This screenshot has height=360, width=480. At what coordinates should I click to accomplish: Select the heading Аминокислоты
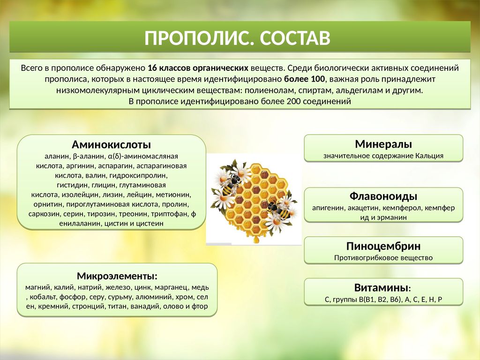point(111,144)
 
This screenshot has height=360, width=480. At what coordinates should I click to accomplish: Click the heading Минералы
point(383,144)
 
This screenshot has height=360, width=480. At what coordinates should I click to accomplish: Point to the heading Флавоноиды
point(383,196)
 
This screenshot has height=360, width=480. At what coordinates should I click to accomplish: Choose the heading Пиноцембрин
point(383,246)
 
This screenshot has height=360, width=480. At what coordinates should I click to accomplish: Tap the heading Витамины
point(381,288)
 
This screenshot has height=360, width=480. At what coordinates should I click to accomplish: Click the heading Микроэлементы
point(116,276)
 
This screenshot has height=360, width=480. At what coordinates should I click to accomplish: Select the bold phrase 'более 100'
point(304,79)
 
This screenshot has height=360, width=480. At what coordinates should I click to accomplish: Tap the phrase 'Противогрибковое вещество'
point(383,258)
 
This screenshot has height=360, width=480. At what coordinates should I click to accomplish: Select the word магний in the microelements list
point(37,287)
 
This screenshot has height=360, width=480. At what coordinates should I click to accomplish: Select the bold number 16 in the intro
point(152,68)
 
